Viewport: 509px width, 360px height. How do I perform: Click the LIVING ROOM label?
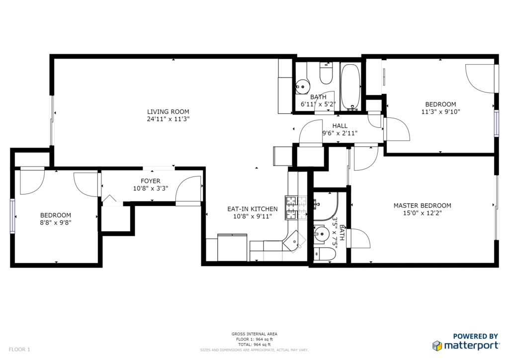[x=168, y=112]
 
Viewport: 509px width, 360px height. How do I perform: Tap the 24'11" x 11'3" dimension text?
[x=168, y=119]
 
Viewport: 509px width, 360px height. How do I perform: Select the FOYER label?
[x=150, y=181]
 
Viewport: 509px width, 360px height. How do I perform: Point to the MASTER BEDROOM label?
[x=423, y=205]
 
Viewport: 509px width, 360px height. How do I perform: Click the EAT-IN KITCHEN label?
[x=252, y=209]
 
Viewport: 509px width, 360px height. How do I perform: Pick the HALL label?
[x=340, y=126]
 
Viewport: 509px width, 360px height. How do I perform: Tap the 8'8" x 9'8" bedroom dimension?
[x=56, y=223]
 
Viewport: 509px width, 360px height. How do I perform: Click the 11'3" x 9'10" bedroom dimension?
[x=440, y=112]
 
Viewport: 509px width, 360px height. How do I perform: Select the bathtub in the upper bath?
[x=350, y=87]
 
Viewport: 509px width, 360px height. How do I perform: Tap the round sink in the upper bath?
[x=303, y=87]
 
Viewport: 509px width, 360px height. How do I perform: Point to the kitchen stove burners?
[x=296, y=208]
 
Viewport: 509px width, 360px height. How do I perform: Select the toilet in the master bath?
[x=325, y=254]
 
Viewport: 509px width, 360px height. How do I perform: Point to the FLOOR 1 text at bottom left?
[x=19, y=350]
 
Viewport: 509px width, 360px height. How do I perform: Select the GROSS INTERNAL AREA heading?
[x=254, y=334]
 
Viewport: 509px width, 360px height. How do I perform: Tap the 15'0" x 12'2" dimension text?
[x=423, y=213]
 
